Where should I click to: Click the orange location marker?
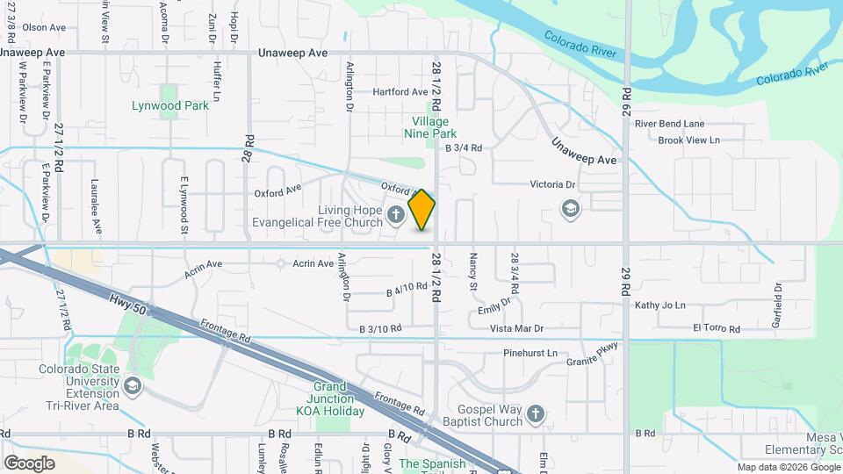click(x=422, y=210)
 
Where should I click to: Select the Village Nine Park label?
click(x=430, y=127)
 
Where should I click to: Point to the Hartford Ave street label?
click(x=400, y=91)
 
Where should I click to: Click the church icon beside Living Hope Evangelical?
click(x=396, y=213)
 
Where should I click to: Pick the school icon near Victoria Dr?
click(x=571, y=209)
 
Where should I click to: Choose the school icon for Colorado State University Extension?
click(x=131, y=385)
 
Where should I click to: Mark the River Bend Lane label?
click(x=669, y=124)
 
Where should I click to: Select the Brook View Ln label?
click(x=688, y=140)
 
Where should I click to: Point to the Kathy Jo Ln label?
click(x=659, y=305)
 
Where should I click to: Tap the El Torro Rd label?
click(x=716, y=328)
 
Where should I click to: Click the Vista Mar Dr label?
click(x=516, y=328)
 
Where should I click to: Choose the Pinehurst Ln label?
click(x=530, y=353)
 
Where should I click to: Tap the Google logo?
click(x=29, y=463)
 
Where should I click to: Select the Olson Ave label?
click(x=44, y=27)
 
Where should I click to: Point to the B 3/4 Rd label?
click(x=464, y=148)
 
